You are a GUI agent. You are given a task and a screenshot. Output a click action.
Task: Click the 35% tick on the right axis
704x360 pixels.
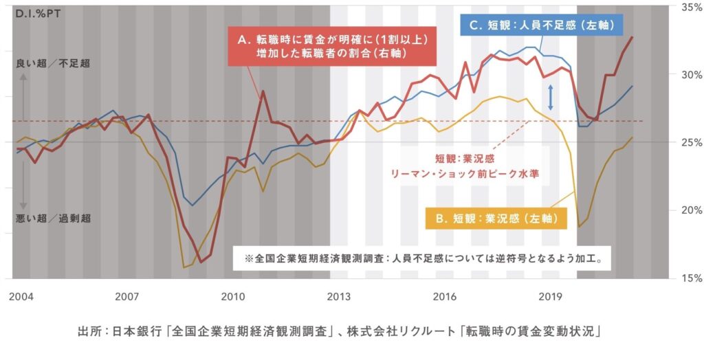point(690,7)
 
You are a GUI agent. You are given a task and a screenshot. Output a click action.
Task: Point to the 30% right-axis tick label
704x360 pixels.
point(690,74)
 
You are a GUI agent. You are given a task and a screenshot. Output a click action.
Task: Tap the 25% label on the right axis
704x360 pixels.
point(690,142)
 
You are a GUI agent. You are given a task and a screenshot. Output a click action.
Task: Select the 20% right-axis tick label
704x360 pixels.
point(690,210)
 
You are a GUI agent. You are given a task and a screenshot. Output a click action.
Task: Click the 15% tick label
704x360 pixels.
point(690,278)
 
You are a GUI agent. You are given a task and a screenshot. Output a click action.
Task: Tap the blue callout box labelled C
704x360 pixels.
point(541,25)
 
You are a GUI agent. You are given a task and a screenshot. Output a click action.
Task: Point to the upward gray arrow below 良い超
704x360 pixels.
point(23,86)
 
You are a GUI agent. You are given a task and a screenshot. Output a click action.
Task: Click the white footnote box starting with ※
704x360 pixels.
point(421,260)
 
